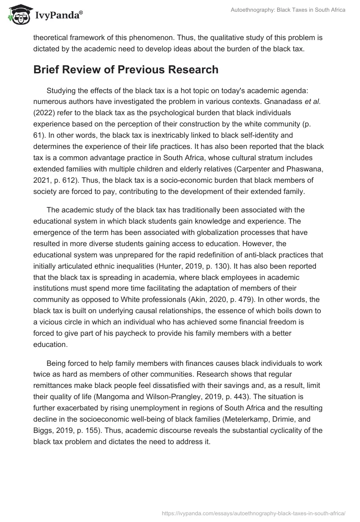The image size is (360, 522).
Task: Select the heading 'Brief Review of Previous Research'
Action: (126, 70)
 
